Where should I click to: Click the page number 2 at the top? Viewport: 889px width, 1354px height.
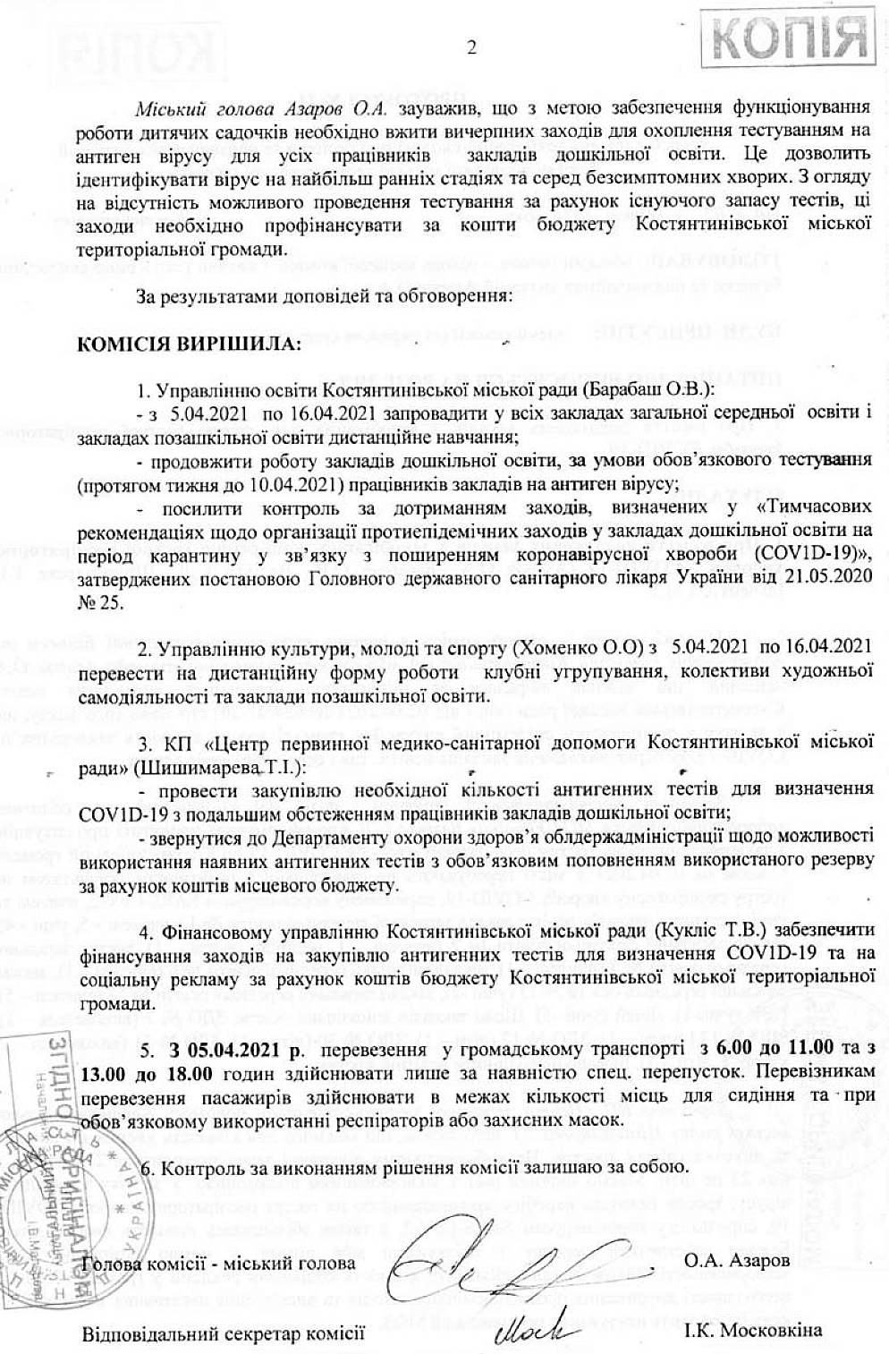tap(471, 48)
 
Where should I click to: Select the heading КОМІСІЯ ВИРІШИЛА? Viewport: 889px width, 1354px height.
tap(191, 345)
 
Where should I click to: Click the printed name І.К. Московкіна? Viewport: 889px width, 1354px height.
tap(753, 1332)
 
